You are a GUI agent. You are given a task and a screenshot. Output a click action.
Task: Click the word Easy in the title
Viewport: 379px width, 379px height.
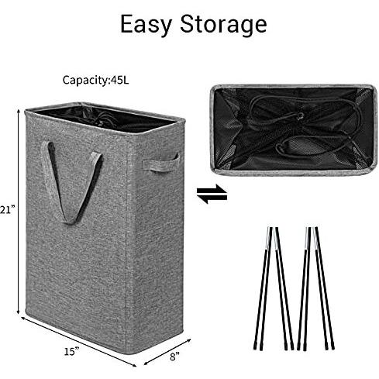click(x=146, y=25)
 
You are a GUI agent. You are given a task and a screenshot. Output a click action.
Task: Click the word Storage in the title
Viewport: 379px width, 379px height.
click(x=223, y=25)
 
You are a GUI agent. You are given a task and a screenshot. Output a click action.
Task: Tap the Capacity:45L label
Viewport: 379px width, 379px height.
click(x=95, y=80)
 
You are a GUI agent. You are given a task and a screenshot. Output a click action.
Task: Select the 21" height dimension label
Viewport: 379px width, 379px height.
click(x=7, y=209)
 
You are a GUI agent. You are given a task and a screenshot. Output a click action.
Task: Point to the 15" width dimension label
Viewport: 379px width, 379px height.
click(x=71, y=351)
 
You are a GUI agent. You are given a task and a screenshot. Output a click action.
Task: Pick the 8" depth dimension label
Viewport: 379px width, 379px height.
click(x=174, y=357)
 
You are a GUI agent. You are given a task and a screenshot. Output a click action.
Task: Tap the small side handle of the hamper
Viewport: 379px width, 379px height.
click(x=160, y=162)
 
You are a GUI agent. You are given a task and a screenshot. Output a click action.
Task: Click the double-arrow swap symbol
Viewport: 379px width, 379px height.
click(x=212, y=194)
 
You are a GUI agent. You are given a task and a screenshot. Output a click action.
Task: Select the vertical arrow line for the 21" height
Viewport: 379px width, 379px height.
click(x=19, y=212)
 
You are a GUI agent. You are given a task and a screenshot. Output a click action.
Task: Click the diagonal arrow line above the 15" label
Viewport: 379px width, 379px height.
click(x=79, y=342)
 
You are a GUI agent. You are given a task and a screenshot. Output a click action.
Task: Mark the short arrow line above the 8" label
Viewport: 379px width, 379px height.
click(x=167, y=352)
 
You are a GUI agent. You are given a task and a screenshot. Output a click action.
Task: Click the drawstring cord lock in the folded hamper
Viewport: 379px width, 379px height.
click(x=300, y=117)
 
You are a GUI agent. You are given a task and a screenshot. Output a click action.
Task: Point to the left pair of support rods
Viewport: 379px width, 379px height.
click(x=274, y=288)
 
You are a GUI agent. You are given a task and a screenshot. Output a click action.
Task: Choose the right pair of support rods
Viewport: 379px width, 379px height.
click(x=315, y=288)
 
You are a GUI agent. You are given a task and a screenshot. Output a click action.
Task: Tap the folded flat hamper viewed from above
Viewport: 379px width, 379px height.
click(x=293, y=130)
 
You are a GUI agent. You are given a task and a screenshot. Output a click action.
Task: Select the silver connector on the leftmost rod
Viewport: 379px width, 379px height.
click(x=268, y=238)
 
